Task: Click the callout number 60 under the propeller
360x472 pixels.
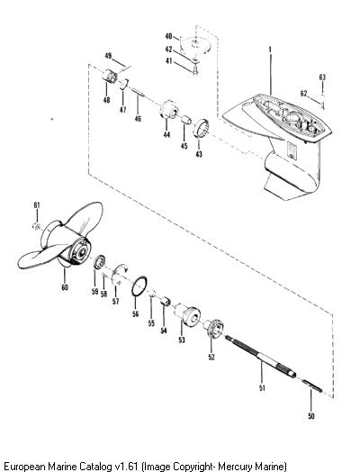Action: tap(65, 287)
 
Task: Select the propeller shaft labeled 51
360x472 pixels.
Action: tap(260, 356)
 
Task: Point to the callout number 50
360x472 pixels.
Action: tap(311, 416)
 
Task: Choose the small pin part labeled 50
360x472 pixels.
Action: tap(312, 386)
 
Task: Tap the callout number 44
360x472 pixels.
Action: tap(166, 134)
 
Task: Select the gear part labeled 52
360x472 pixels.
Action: tap(213, 330)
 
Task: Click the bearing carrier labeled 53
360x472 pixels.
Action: tap(187, 314)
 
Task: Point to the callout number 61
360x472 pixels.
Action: tap(37, 205)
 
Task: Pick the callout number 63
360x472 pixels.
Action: tap(322, 77)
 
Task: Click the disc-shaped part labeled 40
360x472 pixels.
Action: tap(196, 44)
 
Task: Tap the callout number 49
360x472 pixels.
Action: tap(108, 56)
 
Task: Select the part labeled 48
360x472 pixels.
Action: tap(111, 76)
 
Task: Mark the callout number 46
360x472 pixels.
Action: tap(138, 119)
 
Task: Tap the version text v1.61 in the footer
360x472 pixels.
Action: tap(126, 467)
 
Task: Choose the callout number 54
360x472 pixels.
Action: tap(164, 331)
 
